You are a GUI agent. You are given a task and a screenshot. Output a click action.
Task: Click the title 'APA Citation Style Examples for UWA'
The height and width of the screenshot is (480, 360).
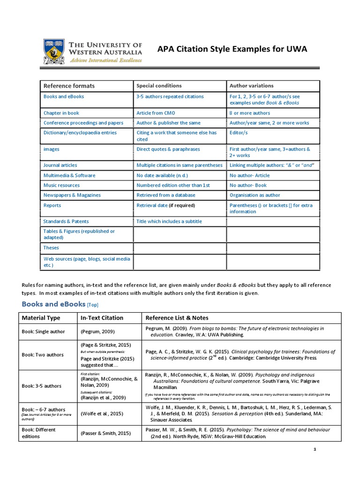coord(232,50)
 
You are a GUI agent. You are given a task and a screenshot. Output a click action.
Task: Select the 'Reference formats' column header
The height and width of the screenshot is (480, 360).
coord(69,86)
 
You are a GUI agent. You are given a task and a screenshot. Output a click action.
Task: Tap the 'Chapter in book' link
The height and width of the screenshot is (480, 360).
coord(61,113)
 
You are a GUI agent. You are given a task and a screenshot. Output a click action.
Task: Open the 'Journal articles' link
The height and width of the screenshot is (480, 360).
coord(60,165)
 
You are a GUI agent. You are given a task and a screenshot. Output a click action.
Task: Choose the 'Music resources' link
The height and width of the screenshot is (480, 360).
coord(61,185)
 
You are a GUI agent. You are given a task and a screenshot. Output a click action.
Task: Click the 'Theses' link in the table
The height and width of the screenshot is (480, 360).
coord(51,247)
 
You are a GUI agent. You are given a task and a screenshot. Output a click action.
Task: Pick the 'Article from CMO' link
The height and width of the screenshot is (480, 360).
coord(156,113)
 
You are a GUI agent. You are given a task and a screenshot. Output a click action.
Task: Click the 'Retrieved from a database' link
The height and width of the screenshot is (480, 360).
coord(166,195)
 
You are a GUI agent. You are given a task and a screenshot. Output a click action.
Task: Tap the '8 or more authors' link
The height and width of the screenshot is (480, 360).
coord(250,113)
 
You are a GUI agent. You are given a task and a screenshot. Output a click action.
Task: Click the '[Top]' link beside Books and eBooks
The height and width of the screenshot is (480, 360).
coord(93,305)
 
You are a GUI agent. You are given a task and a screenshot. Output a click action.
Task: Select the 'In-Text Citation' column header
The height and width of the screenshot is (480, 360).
coord(102,318)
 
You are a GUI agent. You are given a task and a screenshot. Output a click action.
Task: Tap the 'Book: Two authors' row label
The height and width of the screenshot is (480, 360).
coord(43,355)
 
